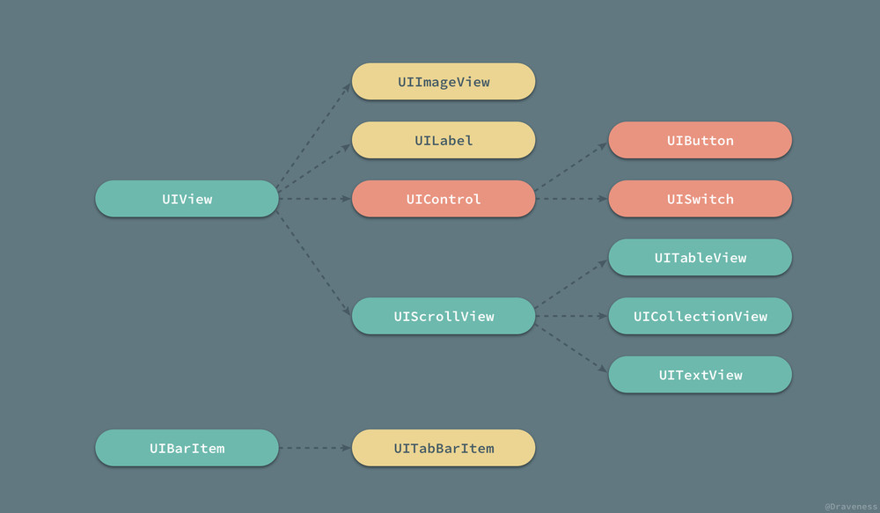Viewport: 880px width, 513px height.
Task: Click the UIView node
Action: (x=187, y=199)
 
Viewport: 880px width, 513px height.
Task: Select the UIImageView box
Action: (x=444, y=81)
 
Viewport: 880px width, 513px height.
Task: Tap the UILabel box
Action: (x=444, y=140)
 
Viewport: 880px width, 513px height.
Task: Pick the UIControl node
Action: (x=444, y=199)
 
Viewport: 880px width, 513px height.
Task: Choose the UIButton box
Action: (x=700, y=140)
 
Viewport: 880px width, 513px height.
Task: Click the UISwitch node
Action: (x=700, y=199)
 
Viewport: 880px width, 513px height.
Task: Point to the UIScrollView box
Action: (x=444, y=316)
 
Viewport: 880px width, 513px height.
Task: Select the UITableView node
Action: (x=700, y=258)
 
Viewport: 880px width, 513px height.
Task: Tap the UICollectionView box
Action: (x=700, y=316)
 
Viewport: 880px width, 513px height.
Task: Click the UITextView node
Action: (x=700, y=375)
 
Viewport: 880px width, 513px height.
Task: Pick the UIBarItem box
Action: (x=187, y=448)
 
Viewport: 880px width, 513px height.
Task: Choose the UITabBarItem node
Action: (x=444, y=448)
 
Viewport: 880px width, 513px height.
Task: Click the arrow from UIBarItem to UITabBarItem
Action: (x=315, y=448)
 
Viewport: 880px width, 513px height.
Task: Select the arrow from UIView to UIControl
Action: (x=315, y=199)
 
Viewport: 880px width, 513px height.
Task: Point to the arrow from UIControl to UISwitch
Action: (x=571, y=199)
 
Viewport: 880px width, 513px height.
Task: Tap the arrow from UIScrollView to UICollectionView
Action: (x=571, y=316)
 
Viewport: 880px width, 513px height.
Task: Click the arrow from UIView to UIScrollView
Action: (x=314, y=263)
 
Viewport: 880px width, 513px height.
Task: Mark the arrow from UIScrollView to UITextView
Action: (x=571, y=348)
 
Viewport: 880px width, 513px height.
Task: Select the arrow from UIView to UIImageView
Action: (x=314, y=135)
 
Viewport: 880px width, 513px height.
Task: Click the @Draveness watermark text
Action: (x=851, y=506)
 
